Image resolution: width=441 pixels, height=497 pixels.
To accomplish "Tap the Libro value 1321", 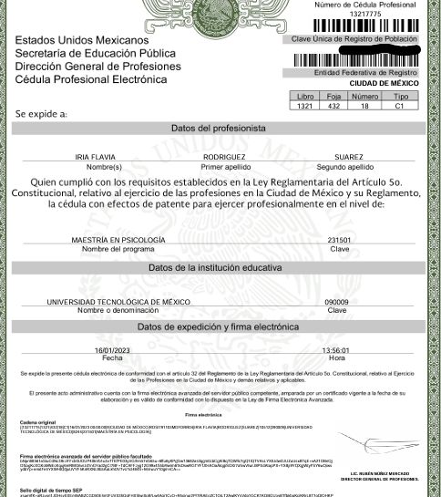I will (305, 106).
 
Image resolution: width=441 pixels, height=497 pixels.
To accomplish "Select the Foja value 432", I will (333, 106).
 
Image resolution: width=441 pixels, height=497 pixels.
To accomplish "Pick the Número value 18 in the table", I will (364, 106).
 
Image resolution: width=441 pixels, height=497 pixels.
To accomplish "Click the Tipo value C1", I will (398, 106).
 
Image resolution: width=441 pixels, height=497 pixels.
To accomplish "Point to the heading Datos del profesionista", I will (221, 128).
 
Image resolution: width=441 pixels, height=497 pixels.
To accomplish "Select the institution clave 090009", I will (336, 301).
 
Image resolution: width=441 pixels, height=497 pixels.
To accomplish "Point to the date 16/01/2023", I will (113, 349).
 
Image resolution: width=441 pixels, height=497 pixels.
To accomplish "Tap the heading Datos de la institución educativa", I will (221, 268).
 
